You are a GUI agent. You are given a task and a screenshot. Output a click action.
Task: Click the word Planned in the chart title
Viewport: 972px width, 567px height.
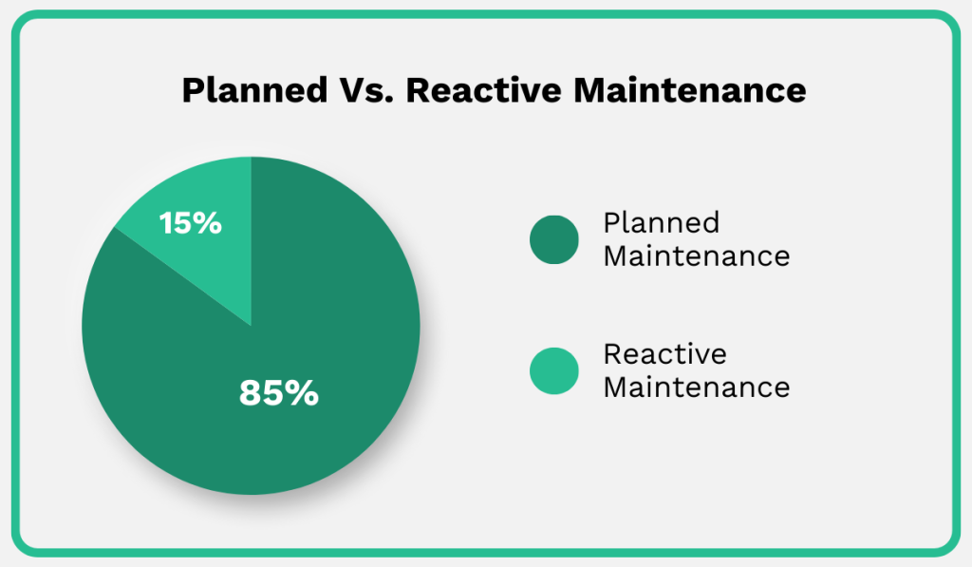tap(242, 90)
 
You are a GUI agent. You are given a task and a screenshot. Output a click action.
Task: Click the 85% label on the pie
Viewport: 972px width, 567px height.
tap(278, 392)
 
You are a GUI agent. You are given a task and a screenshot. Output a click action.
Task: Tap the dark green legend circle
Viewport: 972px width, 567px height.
tap(553, 239)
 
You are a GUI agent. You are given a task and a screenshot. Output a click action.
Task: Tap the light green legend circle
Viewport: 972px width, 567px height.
tap(553, 370)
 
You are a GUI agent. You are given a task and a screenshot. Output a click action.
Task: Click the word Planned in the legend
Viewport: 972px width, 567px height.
tap(662, 223)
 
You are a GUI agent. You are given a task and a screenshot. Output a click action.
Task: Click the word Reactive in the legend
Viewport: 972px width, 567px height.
tap(664, 354)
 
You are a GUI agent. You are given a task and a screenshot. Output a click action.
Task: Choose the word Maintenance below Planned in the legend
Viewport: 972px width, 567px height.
tap(697, 255)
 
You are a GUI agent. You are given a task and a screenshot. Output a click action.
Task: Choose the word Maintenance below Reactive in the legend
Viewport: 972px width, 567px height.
tap(697, 387)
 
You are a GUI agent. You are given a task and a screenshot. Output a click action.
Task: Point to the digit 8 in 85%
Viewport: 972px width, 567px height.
tap(250, 392)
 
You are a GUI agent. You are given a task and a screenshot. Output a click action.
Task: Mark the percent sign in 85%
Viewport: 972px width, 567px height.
tap(303, 392)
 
